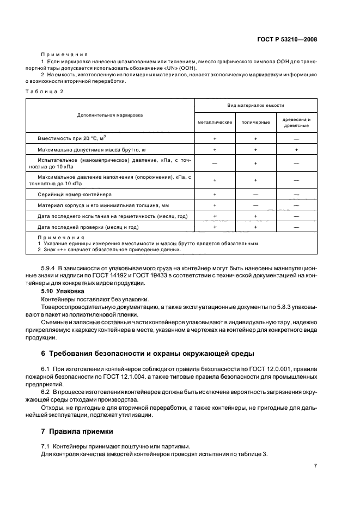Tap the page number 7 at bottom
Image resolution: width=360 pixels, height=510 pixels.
315,466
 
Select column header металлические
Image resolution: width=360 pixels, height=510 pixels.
215,122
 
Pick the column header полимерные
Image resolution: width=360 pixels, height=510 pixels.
255,122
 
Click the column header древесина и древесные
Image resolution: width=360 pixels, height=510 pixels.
296,122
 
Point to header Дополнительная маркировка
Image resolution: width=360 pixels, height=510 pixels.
110,115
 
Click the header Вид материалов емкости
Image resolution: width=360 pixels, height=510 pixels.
255,105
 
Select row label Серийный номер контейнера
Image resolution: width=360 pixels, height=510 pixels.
74,195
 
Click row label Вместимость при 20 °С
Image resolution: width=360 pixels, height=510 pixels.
71,138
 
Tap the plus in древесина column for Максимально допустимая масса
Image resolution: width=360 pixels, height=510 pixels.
296,149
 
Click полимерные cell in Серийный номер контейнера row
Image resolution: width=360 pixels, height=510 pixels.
255,195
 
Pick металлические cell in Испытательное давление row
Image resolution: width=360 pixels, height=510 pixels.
215,163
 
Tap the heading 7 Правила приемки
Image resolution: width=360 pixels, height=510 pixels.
81,432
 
